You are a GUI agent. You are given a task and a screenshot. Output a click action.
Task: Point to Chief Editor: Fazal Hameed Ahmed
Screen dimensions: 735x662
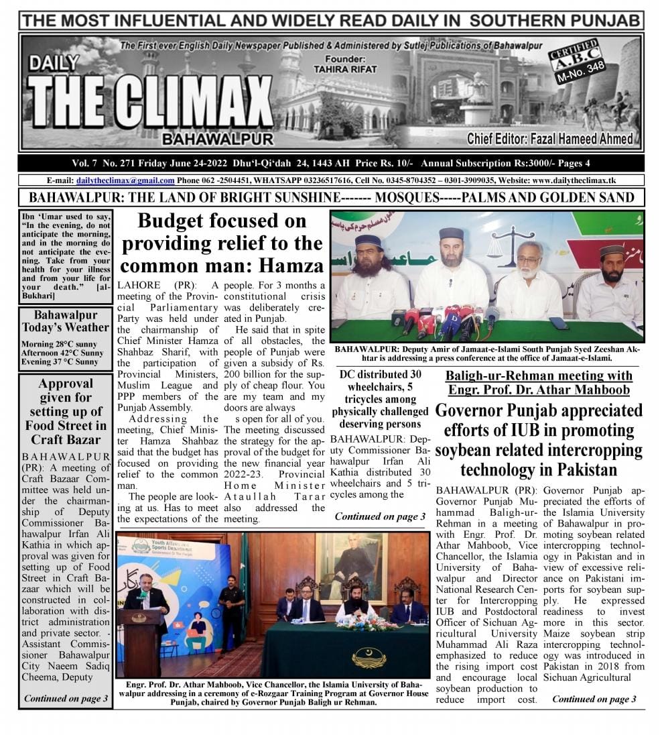[549, 139]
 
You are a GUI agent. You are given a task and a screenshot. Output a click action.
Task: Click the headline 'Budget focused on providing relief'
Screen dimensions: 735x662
[221, 242]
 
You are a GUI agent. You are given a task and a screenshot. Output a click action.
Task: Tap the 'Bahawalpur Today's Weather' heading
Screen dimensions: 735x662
[66, 321]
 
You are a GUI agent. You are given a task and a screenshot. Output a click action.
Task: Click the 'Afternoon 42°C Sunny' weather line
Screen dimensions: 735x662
[62, 353]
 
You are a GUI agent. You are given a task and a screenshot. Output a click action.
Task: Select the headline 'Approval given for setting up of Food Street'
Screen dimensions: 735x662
[66, 411]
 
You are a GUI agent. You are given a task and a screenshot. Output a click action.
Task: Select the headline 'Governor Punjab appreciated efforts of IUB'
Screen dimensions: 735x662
[538, 439]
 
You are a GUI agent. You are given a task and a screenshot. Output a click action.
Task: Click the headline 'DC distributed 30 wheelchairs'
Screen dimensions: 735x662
[380, 399]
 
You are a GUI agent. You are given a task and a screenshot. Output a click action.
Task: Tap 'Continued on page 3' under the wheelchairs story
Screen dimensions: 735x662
[380, 516]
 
